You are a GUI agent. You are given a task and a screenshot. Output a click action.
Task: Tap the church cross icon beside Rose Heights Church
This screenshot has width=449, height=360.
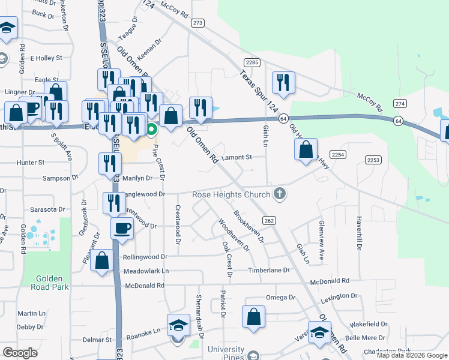(x=279, y=194)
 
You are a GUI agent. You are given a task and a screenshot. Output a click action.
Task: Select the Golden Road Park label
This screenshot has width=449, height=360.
(x=44, y=282)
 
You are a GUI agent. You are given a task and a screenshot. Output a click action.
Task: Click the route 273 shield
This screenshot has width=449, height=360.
(x=198, y=23)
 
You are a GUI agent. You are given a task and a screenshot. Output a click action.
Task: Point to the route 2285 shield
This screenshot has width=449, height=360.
(x=252, y=62)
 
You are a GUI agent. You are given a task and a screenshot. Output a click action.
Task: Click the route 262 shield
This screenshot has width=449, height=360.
(x=269, y=221)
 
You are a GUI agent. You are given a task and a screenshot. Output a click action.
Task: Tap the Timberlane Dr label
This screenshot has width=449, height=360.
(x=270, y=271)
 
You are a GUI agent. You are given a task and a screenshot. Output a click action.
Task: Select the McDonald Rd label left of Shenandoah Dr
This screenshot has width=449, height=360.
(x=144, y=286)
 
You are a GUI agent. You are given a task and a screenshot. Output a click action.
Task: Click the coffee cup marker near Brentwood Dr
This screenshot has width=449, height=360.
(x=122, y=229)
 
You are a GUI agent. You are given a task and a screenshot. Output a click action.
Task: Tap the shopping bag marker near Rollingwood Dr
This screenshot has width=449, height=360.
(x=102, y=260)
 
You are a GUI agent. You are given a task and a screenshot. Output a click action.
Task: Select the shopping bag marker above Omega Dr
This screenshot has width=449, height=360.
(x=253, y=316)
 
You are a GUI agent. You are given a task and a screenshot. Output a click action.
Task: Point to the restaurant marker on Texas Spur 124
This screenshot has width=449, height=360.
(x=283, y=82)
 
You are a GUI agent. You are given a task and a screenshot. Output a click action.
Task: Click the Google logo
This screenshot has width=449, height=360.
(x=20, y=353)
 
